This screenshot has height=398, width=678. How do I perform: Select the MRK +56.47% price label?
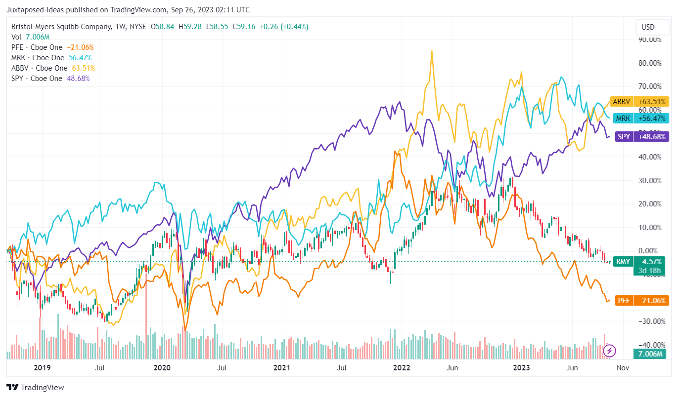[640, 119]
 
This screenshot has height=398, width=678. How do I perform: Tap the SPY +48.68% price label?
[641, 136]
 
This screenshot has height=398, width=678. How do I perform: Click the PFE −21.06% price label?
[641, 300]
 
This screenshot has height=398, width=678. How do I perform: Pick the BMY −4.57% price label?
[641, 262]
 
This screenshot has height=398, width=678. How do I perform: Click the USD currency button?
[648, 27]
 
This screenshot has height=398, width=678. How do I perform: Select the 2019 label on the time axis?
[42, 368]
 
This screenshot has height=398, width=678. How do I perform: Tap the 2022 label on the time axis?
[401, 368]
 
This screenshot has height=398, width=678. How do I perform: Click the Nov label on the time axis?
[623, 368]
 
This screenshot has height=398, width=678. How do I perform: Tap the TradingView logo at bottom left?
[35, 388]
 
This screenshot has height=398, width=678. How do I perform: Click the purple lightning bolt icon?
[610, 351]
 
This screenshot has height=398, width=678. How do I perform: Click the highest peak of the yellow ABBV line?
[432, 51]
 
